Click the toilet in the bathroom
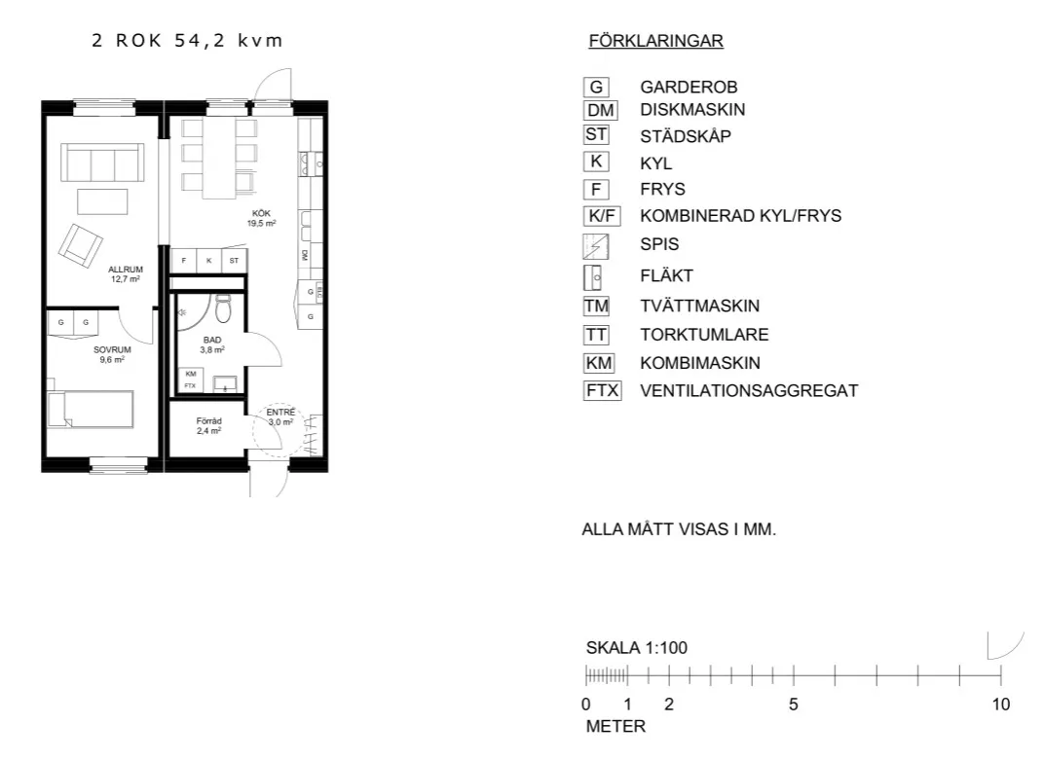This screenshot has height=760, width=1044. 223,308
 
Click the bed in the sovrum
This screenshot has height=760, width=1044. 90,409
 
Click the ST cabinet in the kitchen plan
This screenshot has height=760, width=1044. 234,261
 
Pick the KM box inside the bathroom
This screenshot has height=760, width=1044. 190,374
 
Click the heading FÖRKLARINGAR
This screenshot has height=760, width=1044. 655,41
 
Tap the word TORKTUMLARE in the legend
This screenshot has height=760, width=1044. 704,335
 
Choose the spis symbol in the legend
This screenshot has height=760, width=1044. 595,245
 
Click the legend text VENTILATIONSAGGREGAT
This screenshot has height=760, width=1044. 749,391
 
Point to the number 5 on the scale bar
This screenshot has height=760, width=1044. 794,705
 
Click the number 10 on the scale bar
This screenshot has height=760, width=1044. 1000,705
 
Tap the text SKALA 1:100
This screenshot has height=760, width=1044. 637,648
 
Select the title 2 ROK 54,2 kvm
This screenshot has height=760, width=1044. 187,41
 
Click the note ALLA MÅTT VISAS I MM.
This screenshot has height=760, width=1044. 679,531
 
